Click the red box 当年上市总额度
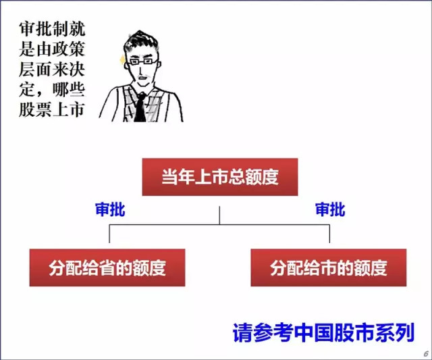tap(220, 177)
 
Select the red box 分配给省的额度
tap(107, 267)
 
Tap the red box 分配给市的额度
tap(329, 267)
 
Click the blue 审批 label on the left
tap(110, 210)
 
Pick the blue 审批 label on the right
tap(330, 210)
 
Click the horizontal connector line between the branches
tap(219, 226)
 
